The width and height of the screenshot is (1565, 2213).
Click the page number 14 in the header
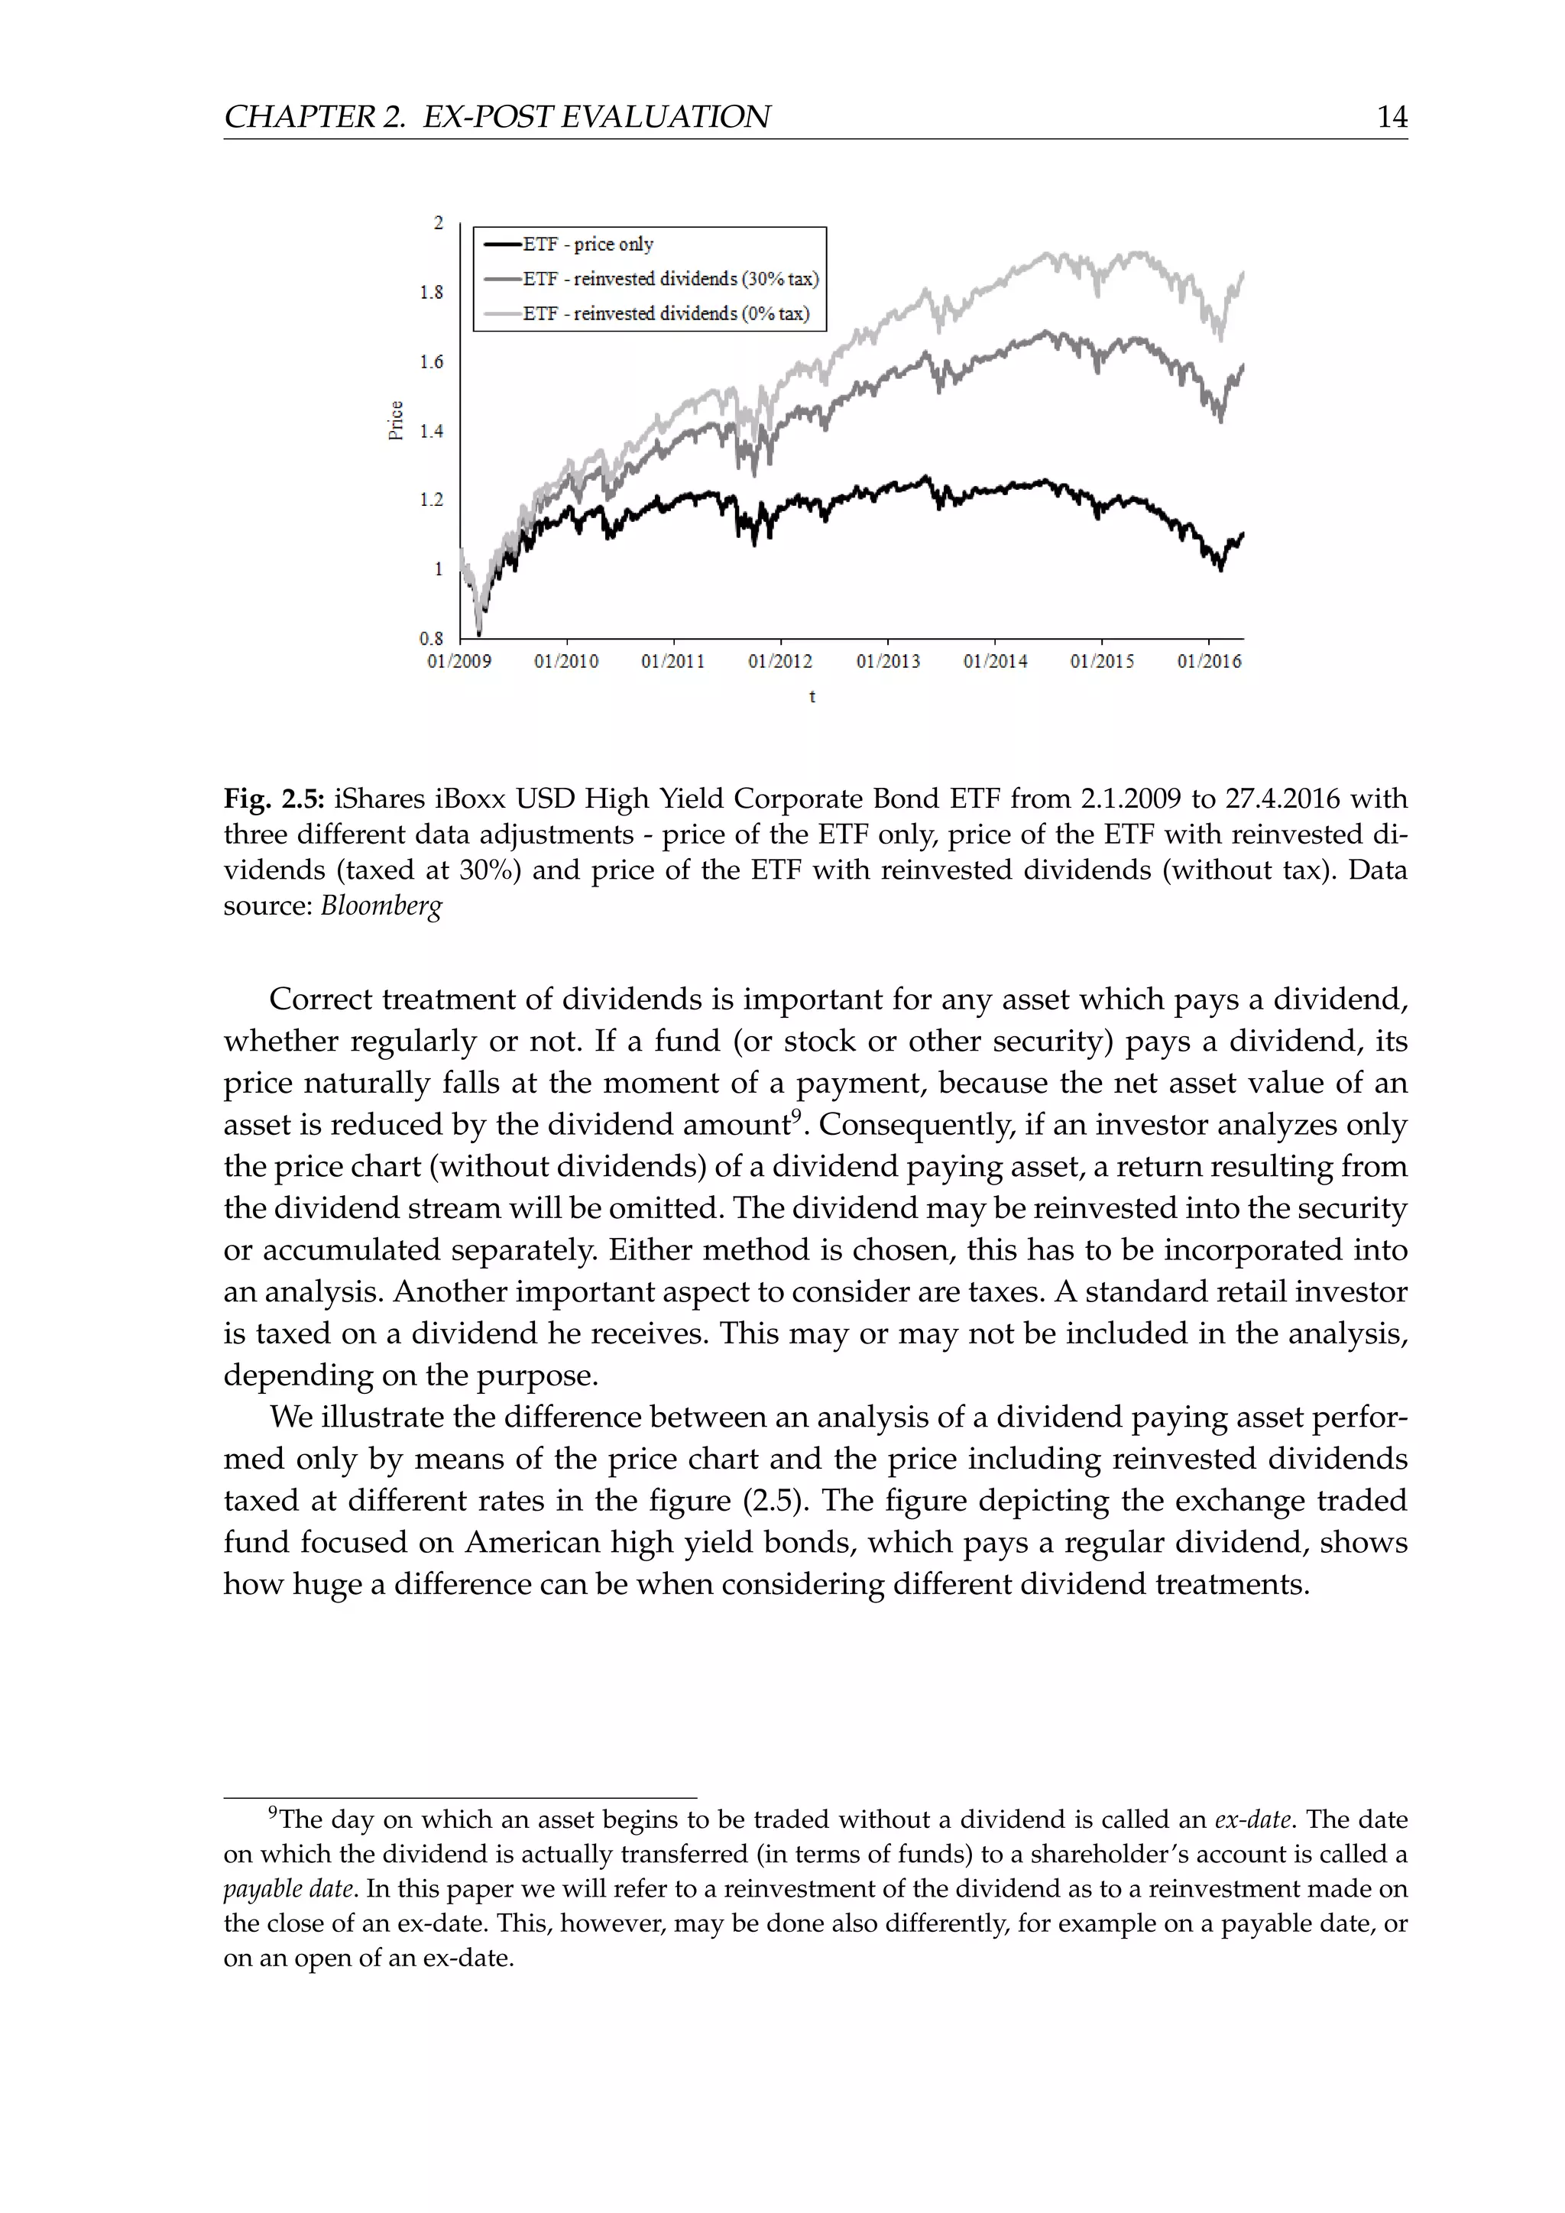pos(1392,117)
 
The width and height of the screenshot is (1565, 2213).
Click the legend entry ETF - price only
pos(587,244)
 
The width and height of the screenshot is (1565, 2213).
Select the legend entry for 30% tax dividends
pos(669,279)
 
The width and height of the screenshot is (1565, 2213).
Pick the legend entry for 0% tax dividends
pos(666,313)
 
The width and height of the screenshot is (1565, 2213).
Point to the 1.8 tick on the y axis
pos(432,292)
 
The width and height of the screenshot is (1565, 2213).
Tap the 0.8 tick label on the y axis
pos(432,638)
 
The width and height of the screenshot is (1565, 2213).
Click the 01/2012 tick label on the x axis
pos(779,661)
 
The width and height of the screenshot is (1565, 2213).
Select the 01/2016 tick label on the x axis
pos(1208,661)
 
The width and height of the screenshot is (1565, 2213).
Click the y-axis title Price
pos(395,420)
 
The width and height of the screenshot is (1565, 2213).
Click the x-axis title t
pos(812,696)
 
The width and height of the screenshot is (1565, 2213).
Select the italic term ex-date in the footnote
pos(1252,1819)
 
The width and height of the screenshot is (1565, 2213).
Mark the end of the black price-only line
pos(1243,534)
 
